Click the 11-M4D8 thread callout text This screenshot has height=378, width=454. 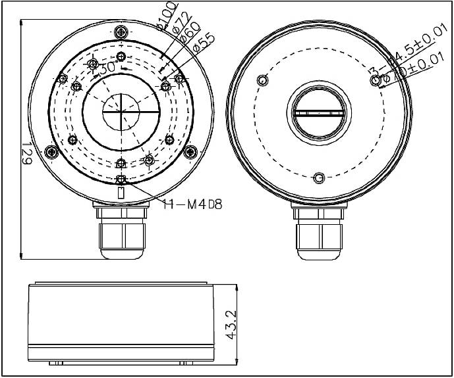pyautogui.click(x=192, y=204)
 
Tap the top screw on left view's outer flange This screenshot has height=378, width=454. pyautogui.click(x=121, y=33)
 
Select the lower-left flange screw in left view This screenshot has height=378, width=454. pyautogui.click(x=49, y=153)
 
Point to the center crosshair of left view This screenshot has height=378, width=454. pyautogui.click(x=121, y=112)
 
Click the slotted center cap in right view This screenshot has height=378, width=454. pyautogui.click(x=318, y=113)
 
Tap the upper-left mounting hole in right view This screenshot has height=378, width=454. pyautogui.click(x=264, y=81)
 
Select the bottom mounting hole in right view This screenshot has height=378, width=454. pyautogui.click(x=319, y=178)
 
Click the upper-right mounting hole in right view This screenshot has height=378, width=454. pyautogui.click(x=376, y=80)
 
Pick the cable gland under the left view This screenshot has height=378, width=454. pyautogui.click(x=121, y=233)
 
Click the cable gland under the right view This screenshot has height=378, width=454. pyautogui.click(x=318, y=233)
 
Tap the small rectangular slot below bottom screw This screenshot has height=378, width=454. pyautogui.click(x=121, y=193)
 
